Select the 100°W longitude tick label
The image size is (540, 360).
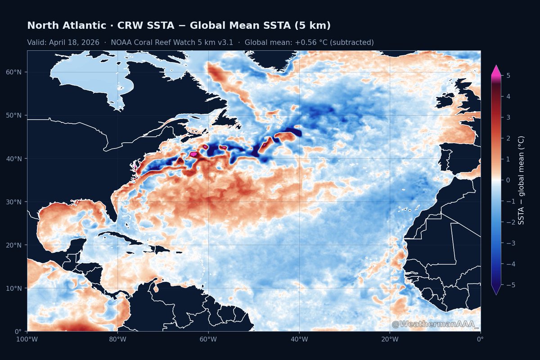point(27,339)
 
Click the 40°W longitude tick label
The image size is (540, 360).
point(299,339)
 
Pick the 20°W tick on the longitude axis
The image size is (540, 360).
point(390,339)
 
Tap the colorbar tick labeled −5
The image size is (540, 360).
point(508,285)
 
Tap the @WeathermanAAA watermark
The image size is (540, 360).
point(435,324)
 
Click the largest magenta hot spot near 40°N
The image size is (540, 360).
point(193,154)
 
